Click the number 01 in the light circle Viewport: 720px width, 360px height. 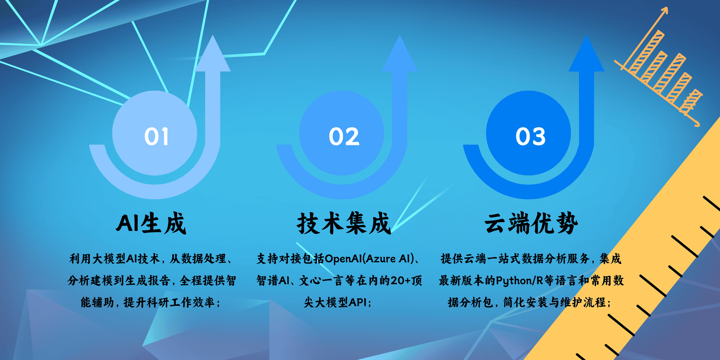[x=156, y=136]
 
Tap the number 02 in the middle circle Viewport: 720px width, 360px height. [x=344, y=136]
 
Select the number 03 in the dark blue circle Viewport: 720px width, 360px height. [x=530, y=136]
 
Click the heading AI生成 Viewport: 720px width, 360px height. [x=151, y=223]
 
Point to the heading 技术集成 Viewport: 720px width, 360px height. [x=344, y=223]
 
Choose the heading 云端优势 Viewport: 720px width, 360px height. [x=531, y=223]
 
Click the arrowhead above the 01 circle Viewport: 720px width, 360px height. [x=213, y=54]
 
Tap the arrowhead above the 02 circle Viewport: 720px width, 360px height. [x=399, y=54]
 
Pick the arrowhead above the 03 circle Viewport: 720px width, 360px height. [x=587, y=54]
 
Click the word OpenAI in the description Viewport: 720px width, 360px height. [x=343, y=259]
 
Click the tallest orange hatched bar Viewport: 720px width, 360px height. [x=647, y=52]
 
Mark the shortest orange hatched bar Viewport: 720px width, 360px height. [x=691, y=101]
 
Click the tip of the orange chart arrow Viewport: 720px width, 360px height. [x=667, y=8]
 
